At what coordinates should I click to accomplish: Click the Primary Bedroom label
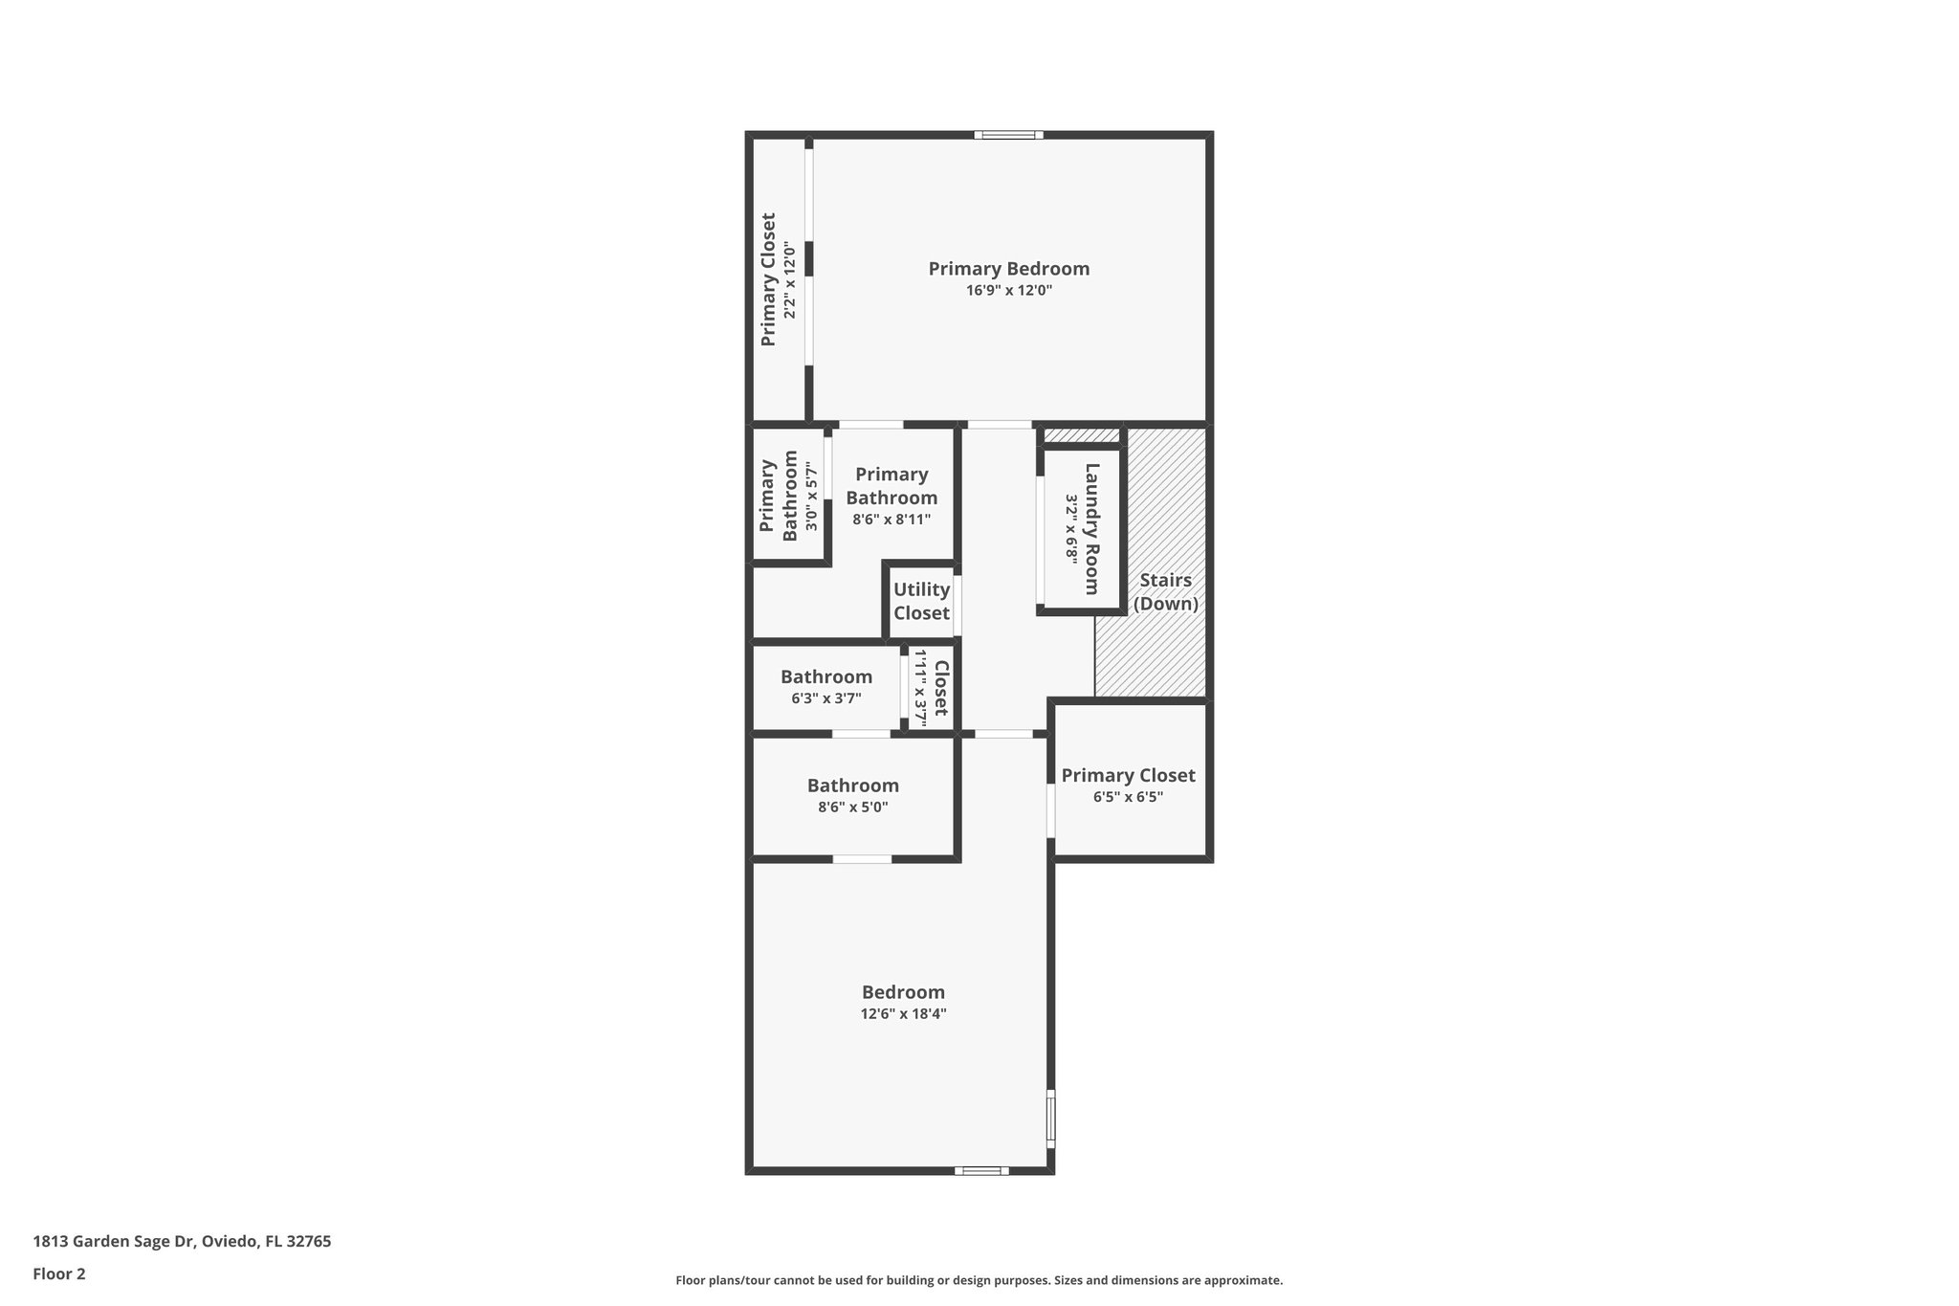point(1008,269)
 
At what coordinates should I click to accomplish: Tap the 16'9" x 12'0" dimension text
point(1008,291)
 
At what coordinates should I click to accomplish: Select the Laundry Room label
point(1091,528)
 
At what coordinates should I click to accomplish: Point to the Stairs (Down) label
point(1165,591)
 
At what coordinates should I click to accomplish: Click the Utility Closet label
point(921,601)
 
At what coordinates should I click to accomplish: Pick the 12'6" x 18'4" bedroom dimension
point(903,1014)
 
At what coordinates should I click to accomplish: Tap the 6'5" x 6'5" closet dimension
point(1128,797)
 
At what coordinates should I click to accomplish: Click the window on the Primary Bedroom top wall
point(1008,135)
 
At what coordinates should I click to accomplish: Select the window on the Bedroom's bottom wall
point(980,1170)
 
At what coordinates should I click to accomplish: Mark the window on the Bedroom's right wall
point(1050,1118)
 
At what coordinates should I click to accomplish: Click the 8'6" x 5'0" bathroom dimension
point(852,807)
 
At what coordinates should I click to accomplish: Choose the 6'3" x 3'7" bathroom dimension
point(825,698)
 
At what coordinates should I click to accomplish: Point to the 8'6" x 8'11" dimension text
point(891,520)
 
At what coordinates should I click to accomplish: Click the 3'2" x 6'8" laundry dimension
point(1071,528)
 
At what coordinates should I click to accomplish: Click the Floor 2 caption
point(59,1273)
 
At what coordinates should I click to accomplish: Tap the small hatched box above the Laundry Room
point(1080,436)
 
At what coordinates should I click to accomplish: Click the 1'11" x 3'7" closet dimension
point(921,688)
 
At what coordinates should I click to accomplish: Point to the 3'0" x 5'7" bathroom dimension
point(811,497)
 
